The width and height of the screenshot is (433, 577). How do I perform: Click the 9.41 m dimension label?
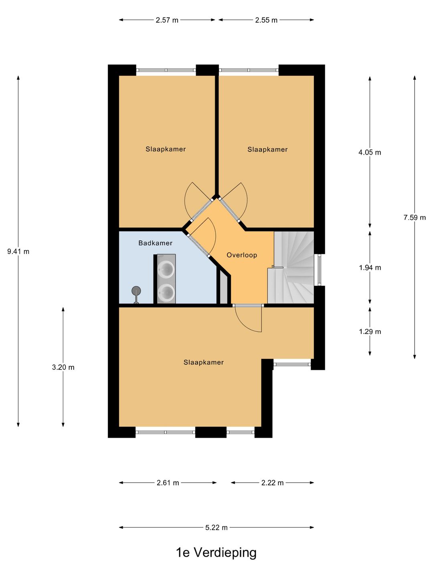(18, 252)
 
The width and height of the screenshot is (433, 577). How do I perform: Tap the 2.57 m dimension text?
(167, 20)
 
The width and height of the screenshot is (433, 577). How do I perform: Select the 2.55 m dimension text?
(266, 20)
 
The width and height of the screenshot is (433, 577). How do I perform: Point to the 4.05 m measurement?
(370, 153)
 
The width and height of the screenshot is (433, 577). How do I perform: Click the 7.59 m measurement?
(415, 218)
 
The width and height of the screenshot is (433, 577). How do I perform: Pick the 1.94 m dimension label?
(370, 268)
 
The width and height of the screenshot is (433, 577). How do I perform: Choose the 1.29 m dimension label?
(370, 332)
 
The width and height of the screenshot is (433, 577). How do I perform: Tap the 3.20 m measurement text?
(63, 367)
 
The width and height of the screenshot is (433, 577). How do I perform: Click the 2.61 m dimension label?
(168, 483)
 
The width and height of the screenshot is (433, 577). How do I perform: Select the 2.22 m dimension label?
(272, 483)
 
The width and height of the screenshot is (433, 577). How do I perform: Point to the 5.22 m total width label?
(216, 528)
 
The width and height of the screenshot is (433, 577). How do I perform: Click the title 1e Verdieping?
(216, 553)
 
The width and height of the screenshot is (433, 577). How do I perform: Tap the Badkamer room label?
(156, 243)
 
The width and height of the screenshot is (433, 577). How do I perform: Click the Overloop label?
(242, 255)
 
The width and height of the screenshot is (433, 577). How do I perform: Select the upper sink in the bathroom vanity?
(166, 269)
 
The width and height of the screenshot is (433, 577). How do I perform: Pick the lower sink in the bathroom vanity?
(166, 292)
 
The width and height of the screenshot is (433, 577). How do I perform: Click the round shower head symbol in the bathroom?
(136, 291)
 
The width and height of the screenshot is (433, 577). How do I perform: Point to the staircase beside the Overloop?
(291, 267)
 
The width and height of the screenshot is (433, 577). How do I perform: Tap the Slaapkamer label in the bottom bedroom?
(204, 363)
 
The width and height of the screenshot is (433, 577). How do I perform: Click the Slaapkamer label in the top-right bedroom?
(267, 149)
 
